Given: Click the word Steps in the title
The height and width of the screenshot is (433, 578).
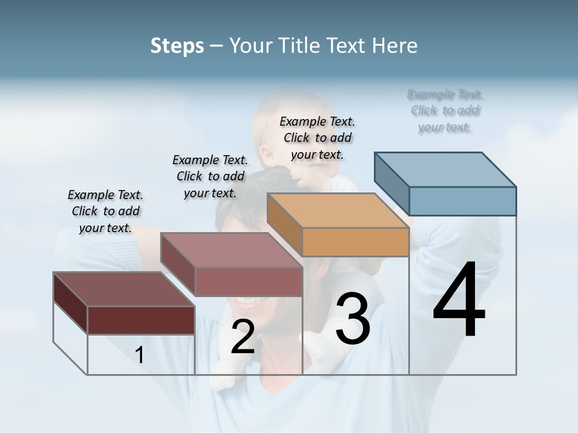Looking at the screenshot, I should click(177, 46).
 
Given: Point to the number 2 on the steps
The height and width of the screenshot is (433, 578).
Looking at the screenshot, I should click(243, 337).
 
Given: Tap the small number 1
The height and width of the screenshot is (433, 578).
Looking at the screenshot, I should click(140, 355).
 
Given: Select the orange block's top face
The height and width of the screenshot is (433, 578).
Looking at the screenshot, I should click(337, 210).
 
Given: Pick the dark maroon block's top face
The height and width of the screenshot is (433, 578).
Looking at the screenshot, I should click(123, 289).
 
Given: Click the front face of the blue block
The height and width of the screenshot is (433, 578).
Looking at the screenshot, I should click(462, 201).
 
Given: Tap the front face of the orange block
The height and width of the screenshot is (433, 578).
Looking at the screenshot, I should click(355, 242).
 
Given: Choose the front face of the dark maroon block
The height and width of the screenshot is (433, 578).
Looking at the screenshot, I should click(141, 321).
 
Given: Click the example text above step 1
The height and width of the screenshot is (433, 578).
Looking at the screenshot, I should click(105, 211).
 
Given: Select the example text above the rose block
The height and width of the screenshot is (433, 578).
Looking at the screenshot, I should click(210, 176).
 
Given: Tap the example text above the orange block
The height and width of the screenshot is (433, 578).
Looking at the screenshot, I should click(317, 138).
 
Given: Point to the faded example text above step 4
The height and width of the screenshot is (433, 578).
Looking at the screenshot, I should click(445, 111).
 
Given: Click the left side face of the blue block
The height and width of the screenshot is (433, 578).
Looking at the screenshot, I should click(391, 183).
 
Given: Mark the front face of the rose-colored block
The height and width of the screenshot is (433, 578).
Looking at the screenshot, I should click(248, 281).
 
